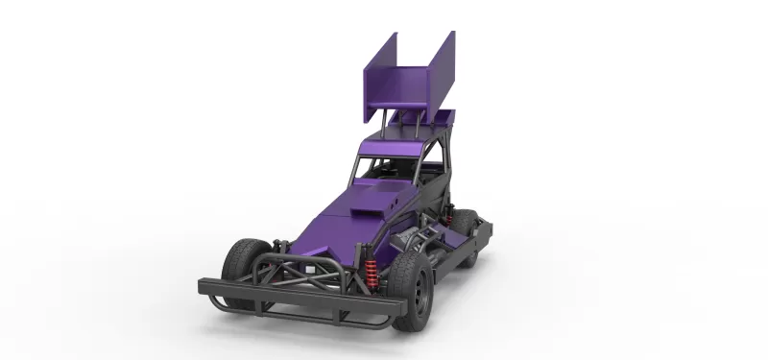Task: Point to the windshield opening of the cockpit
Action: tap(382, 168)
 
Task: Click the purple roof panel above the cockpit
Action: tap(394, 144)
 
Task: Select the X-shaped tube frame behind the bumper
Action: tap(307, 269)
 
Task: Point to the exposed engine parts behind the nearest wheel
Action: tap(422, 235)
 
